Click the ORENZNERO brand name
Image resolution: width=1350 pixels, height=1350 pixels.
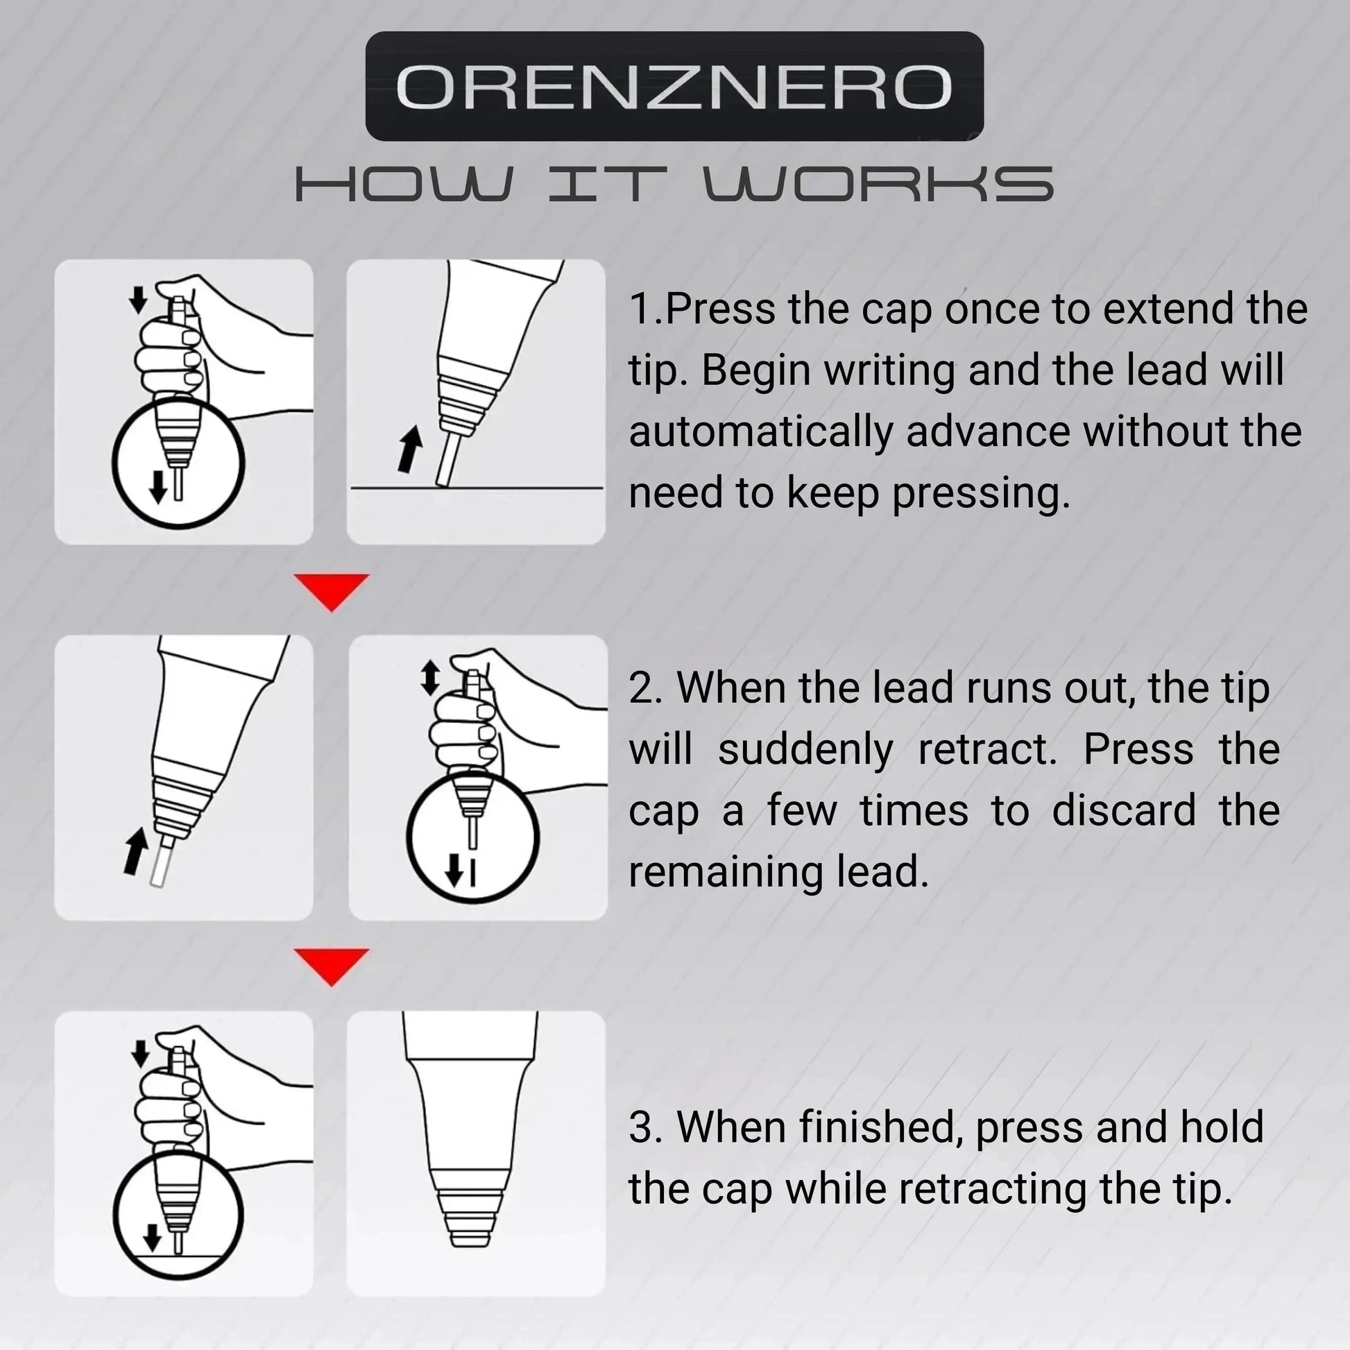coord(674,87)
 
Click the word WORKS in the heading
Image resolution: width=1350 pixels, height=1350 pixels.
coord(878,185)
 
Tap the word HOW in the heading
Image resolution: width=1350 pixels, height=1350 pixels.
coord(403,185)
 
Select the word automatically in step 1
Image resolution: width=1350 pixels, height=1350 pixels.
coord(760,432)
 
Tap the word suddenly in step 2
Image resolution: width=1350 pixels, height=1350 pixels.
coord(805,750)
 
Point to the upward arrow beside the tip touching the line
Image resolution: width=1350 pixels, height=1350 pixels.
coord(410,450)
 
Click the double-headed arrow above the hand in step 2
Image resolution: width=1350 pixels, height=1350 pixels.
coord(429,678)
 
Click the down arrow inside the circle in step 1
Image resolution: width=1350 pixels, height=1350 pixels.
coord(159,486)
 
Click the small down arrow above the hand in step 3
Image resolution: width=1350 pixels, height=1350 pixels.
coord(140,1054)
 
